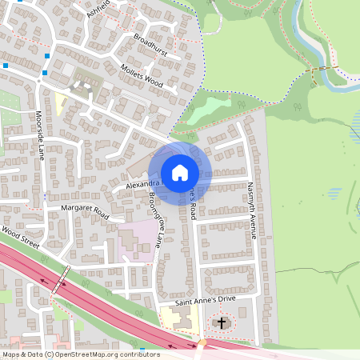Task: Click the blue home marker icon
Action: (180, 173)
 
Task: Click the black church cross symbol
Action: (222, 323)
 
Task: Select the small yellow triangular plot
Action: (60, 102)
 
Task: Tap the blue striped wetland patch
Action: (354, 124)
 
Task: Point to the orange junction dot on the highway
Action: (202, 342)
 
